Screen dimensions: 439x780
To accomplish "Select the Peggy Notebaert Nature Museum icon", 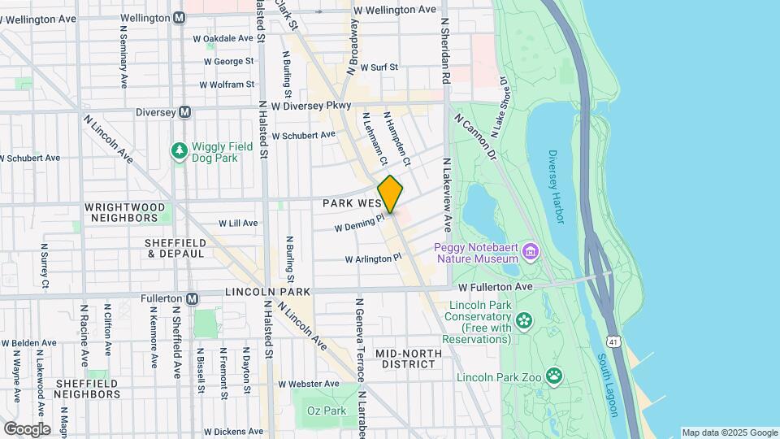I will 531,250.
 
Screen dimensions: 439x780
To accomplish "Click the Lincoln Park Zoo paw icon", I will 554,376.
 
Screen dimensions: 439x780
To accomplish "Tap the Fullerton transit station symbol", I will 192,298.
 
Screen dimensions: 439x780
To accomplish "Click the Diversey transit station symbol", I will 184,112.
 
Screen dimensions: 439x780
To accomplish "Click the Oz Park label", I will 327,411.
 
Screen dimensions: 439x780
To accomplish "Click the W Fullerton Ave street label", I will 494,287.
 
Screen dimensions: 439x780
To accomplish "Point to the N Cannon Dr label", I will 476,136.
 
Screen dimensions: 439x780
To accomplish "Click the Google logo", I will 27,428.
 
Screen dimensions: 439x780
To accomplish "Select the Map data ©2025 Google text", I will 729,432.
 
